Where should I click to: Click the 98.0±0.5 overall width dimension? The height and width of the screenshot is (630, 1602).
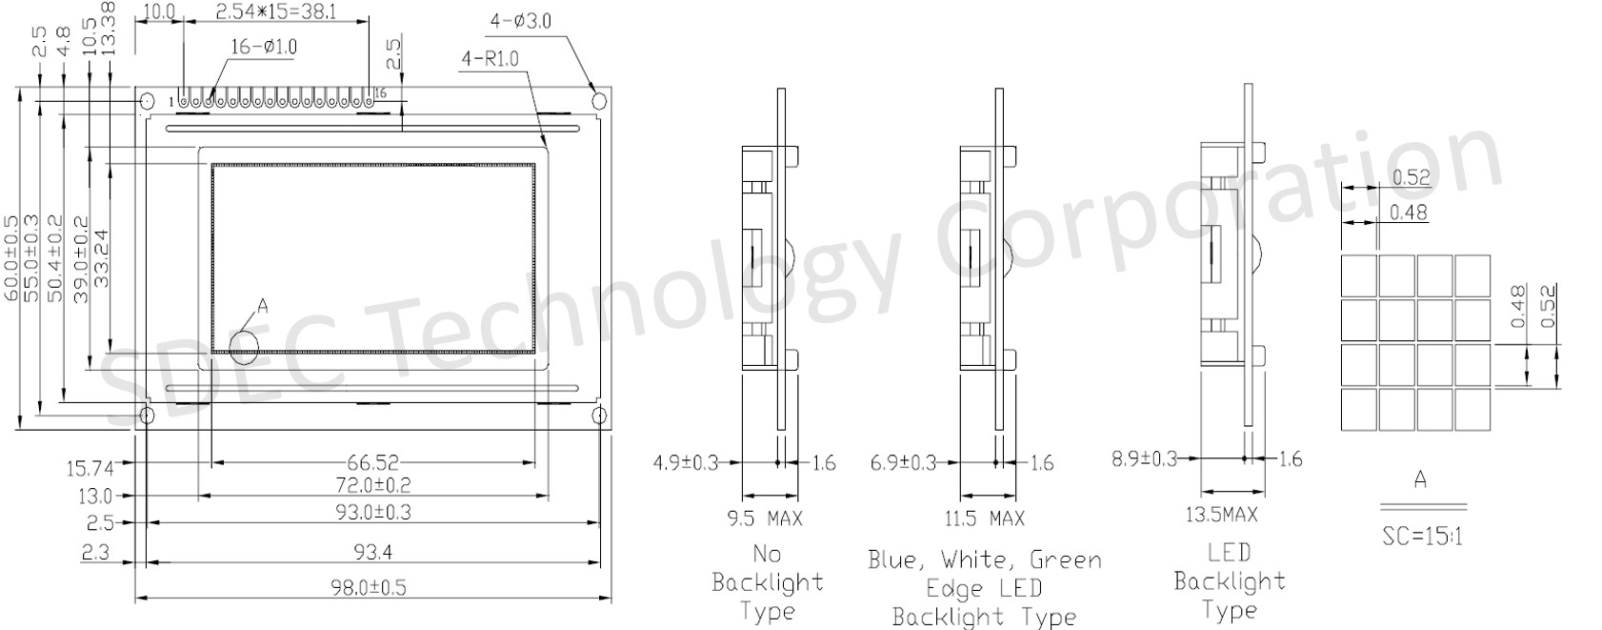point(369,588)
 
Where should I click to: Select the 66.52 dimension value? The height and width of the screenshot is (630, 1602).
point(373,463)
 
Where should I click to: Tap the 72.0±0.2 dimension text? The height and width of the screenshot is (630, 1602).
point(373,485)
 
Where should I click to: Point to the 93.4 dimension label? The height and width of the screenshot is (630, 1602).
point(372,552)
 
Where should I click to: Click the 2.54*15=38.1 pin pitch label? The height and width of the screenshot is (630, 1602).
point(275,11)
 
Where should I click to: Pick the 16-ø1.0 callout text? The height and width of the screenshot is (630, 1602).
point(263,48)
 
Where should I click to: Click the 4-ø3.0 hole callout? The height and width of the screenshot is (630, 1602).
point(521,22)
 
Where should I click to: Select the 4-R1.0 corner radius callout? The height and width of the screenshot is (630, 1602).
point(491,59)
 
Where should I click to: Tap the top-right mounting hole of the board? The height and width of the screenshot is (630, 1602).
point(598,100)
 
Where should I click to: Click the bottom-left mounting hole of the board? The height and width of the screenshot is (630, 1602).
point(146,416)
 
